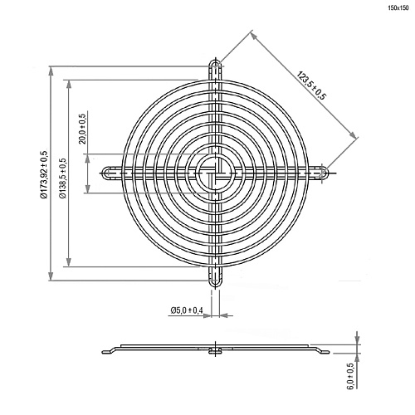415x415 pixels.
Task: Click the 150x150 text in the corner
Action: click(x=398, y=7)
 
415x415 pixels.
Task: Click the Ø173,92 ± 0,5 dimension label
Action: click(x=43, y=173)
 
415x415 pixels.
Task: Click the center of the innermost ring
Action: click(x=215, y=173)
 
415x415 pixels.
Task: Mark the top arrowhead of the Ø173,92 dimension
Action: click(x=54, y=70)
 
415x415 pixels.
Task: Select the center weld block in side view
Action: click(x=215, y=349)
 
